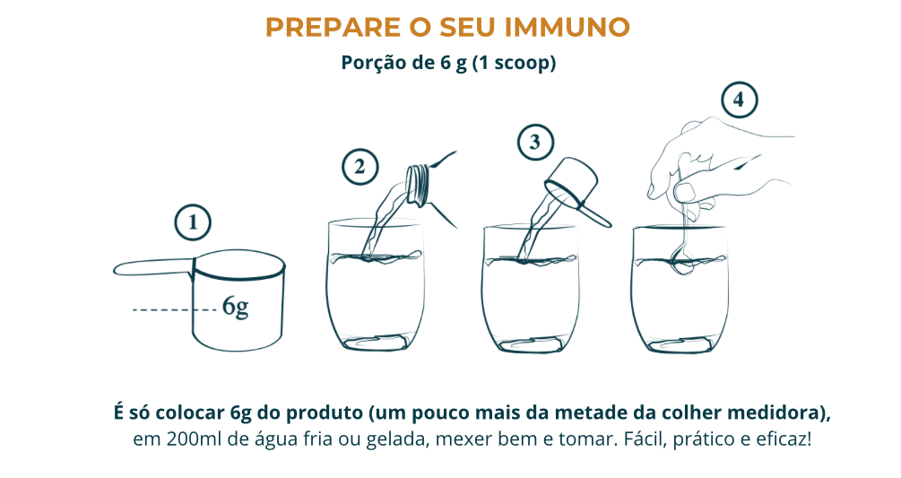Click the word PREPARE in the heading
click(x=334, y=27)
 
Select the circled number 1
click(x=193, y=222)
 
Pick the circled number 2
click(x=360, y=167)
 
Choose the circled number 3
click(x=535, y=142)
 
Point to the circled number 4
click(x=740, y=100)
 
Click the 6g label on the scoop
click(x=236, y=307)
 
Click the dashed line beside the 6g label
click(x=175, y=310)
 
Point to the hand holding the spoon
click(x=718, y=167)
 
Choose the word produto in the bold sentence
click(x=325, y=413)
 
